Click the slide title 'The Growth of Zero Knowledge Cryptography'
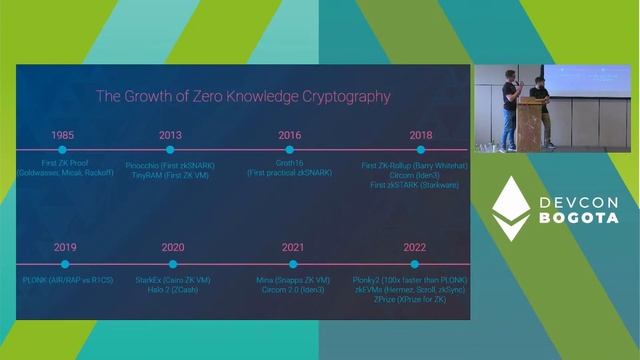pyautogui.click(x=242, y=97)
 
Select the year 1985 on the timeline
pyautogui.click(x=62, y=134)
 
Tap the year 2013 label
pyautogui.click(x=171, y=134)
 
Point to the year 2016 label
pyautogui.click(x=289, y=134)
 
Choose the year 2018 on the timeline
pyautogui.click(x=420, y=134)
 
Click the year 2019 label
pyautogui.click(x=65, y=247)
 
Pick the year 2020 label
pyautogui.click(x=172, y=247)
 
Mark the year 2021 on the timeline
pyautogui.click(x=293, y=247)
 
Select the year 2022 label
pyautogui.click(x=416, y=247)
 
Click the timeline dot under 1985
pyautogui.click(x=62, y=150)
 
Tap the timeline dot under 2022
pyautogui.click(x=416, y=264)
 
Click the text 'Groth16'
pyautogui.click(x=289, y=163)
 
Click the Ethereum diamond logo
pyautogui.click(x=511, y=209)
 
